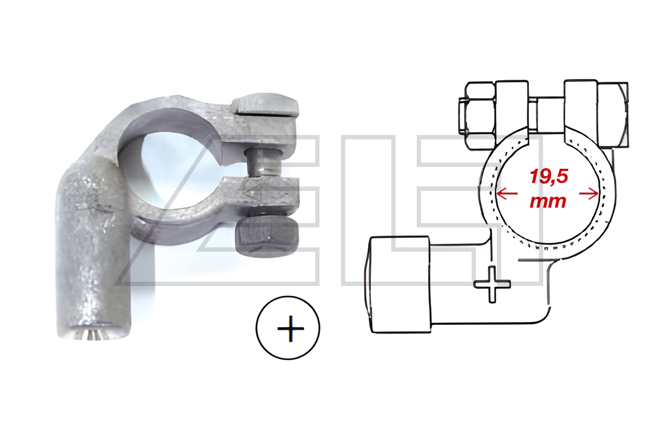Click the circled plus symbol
click(288, 328)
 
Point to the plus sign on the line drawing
click(492, 284)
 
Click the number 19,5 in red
click(548, 176)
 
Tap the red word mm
click(548, 201)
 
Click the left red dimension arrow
click(507, 193)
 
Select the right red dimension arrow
click(588, 193)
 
